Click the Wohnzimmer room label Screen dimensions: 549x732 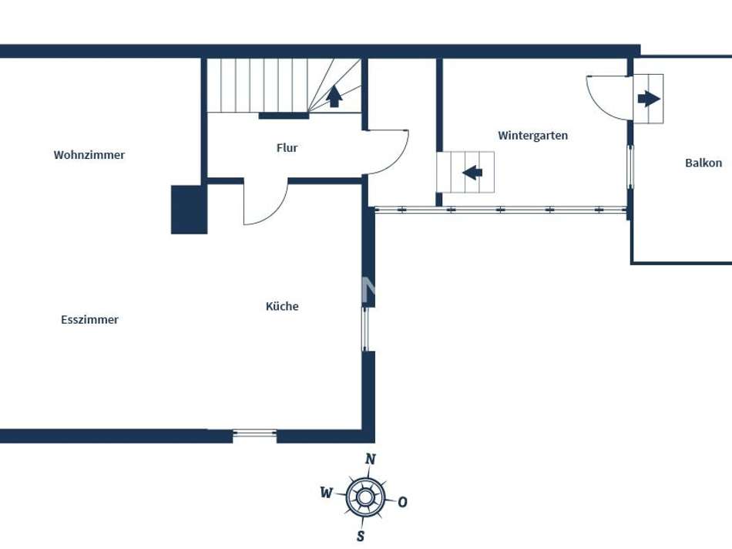[x=89, y=155]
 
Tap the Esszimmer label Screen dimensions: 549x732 [x=90, y=320]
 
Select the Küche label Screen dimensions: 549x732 [x=282, y=306]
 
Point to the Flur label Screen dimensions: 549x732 [x=287, y=148]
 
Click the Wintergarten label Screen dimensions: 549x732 [x=532, y=136]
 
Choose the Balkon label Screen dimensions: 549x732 [x=703, y=163]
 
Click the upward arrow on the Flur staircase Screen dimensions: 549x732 [x=334, y=96]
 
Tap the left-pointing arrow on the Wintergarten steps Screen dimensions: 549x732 [x=472, y=172]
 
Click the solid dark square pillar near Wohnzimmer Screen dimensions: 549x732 [x=189, y=210]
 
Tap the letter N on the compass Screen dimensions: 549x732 [x=371, y=459]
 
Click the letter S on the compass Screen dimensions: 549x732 [x=360, y=536]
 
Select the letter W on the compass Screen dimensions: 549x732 [x=326, y=493]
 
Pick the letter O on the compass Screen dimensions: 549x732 [x=402, y=502]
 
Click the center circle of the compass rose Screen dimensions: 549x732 [x=364, y=497]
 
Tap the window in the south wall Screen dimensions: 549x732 [x=254, y=434]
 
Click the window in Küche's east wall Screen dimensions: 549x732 [x=366, y=329]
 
